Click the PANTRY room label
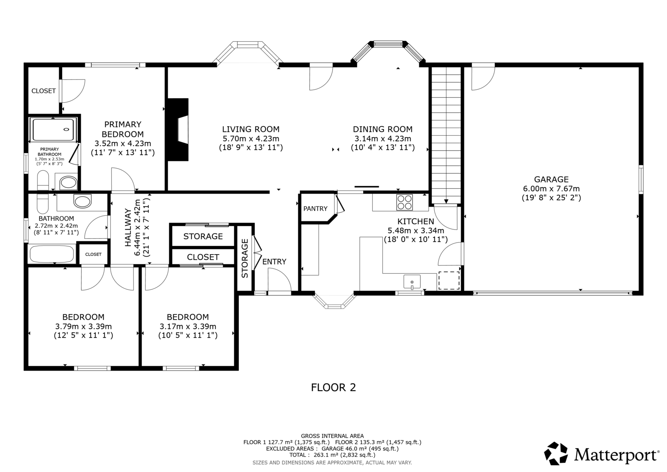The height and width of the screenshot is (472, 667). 315,209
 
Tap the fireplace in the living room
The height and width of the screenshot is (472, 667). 178,130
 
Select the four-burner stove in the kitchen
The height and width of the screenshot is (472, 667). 405,202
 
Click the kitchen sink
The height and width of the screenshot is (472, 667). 412,282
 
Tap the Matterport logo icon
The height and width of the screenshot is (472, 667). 556,454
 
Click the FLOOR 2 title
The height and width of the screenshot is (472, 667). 333,387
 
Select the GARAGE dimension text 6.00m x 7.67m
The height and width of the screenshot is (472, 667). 552,189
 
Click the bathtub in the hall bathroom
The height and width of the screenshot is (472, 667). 52,253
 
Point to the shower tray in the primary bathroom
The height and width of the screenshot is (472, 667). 53,130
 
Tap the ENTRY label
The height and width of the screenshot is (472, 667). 274,262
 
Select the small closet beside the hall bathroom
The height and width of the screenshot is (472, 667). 93,254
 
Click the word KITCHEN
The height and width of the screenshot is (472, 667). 416,221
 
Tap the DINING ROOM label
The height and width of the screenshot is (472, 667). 383,129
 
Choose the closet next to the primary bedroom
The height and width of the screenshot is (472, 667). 43,91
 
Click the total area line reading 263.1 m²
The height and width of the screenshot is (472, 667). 332,455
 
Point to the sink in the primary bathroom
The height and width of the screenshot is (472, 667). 68,182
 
